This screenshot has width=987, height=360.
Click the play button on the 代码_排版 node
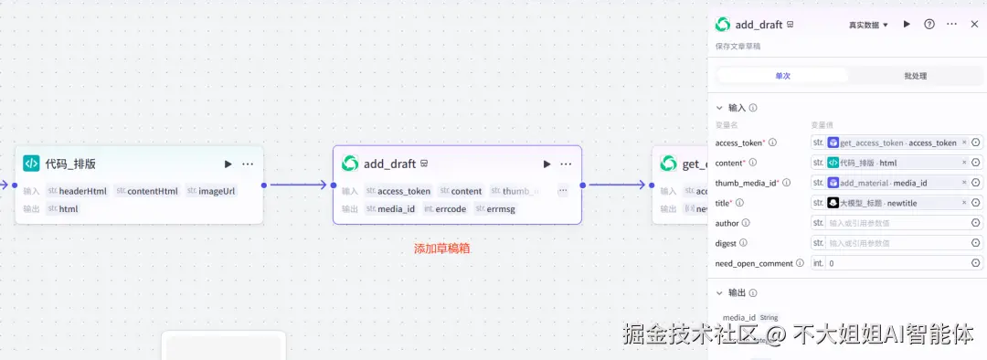[228, 164]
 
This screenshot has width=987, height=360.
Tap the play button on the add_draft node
[547, 164]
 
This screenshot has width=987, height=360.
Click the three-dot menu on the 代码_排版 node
[248, 164]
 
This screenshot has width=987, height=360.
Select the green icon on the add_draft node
[350, 164]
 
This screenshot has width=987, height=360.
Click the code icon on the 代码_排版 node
[31, 164]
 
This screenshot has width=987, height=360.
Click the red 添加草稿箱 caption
[441, 248]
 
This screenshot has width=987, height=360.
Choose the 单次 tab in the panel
[783, 76]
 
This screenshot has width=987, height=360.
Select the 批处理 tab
[915, 76]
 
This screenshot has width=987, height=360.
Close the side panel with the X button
[974, 25]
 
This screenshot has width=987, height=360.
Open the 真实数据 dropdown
[868, 25]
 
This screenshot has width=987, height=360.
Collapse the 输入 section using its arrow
[719, 108]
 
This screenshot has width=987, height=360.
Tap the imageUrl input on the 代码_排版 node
[217, 191]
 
